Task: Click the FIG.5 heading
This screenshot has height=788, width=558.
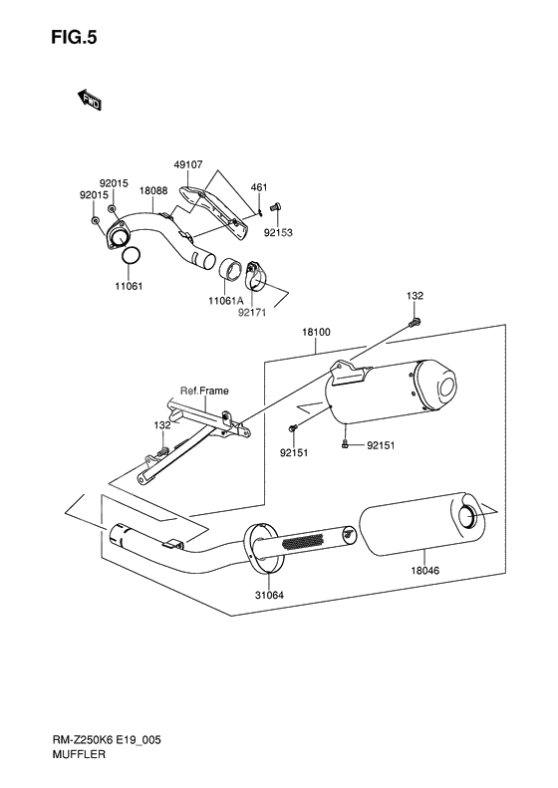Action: click(x=74, y=38)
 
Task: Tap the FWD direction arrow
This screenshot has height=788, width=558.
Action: click(x=90, y=100)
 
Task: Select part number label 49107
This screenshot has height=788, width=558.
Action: click(x=188, y=164)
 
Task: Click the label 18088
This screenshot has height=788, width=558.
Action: click(x=153, y=191)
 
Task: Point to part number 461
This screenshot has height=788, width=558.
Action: click(x=259, y=187)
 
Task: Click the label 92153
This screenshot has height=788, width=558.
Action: click(x=278, y=233)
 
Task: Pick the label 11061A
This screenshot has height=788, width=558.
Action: click(x=226, y=301)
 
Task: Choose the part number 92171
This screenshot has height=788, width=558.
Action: click(x=252, y=312)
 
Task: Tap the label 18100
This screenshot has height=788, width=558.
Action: click(x=316, y=332)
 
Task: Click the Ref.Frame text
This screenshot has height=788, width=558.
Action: click(x=204, y=391)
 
